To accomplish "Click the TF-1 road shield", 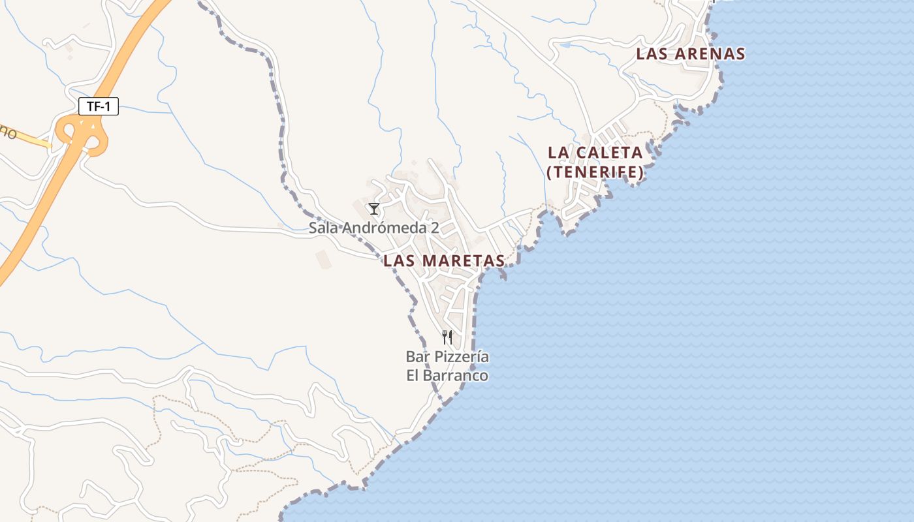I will pyautogui.click(x=98, y=106).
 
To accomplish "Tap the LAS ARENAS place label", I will pyautogui.click(x=690, y=54).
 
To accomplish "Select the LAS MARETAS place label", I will pyautogui.click(x=444, y=261).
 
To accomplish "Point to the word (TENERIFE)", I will pyautogui.click(x=595, y=173).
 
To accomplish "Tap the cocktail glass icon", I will pyautogui.click(x=373, y=209).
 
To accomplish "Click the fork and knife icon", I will pyautogui.click(x=447, y=337).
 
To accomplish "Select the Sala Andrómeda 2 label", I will pyautogui.click(x=373, y=228).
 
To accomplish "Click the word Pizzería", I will pyautogui.click(x=460, y=357).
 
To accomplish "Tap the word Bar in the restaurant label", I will pyautogui.click(x=417, y=357).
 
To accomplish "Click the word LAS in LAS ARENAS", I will pyautogui.click(x=651, y=54).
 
